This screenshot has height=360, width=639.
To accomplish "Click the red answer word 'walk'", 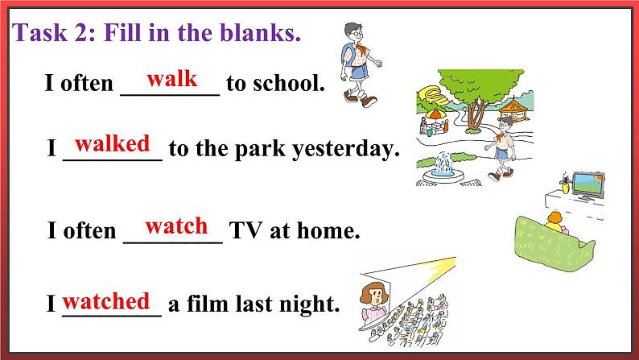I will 171,78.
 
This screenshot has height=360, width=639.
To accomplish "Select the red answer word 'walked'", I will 113,144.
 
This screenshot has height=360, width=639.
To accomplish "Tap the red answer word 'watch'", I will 176,226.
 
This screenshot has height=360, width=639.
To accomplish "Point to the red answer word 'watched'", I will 106,301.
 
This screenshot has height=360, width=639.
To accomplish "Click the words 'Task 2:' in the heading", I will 52,33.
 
